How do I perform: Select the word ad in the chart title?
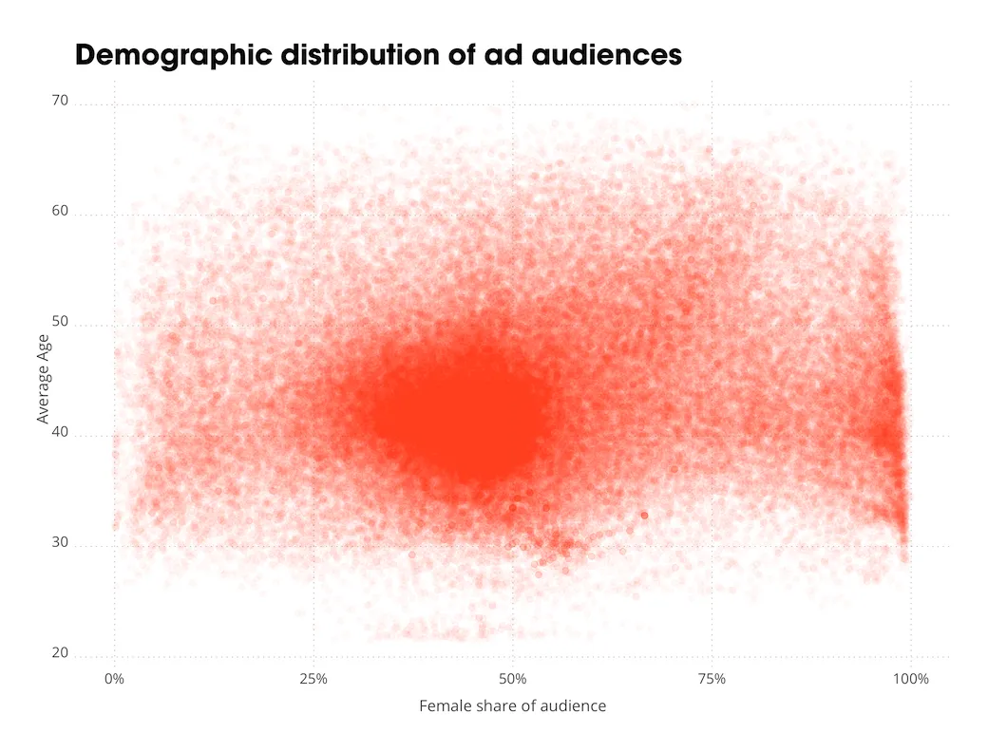click(x=500, y=55)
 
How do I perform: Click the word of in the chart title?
click(x=456, y=55)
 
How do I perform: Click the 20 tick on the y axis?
click(x=60, y=652)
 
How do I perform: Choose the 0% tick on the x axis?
click(x=114, y=679)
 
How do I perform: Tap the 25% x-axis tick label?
click(x=313, y=679)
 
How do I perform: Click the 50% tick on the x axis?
click(x=513, y=679)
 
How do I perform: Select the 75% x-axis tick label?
click(x=712, y=679)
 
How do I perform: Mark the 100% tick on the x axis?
click(x=911, y=679)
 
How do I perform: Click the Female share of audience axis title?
click(x=512, y=706)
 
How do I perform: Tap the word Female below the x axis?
click(x=442, y=706)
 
